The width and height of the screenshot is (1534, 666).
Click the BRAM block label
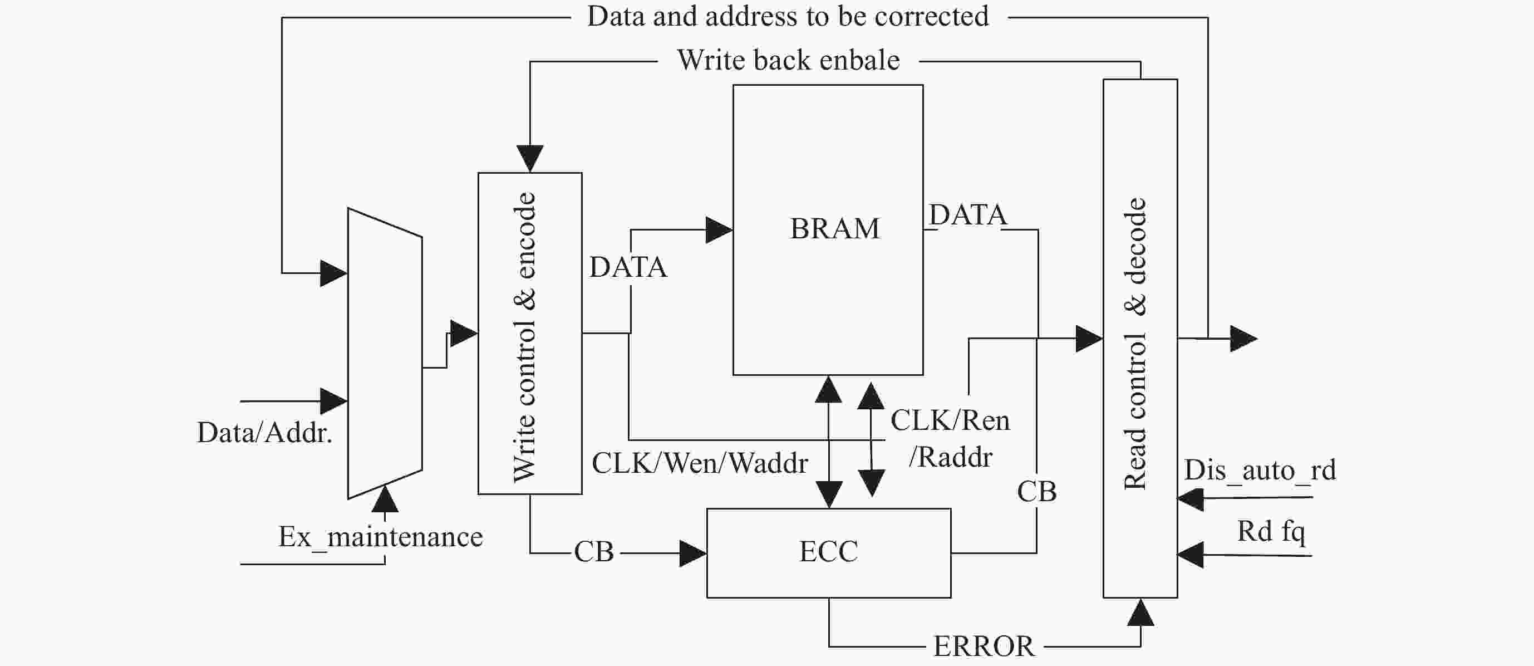pos(834,229)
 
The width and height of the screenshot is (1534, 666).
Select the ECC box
pos(828,552)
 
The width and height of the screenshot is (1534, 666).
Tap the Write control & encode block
pos(529,334)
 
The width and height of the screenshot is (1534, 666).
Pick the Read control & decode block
pos(1140,339)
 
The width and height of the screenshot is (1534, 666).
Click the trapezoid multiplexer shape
pos(385,353)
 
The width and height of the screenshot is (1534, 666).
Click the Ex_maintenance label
pos(381,537)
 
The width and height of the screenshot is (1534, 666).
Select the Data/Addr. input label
pos(264,433)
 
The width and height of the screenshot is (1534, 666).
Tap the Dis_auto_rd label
pos(1260,471)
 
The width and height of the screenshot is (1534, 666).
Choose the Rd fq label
pos(1271,531)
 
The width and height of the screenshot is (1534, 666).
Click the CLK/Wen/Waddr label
pos(699,463)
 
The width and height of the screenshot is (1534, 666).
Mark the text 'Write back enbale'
pos(788,61)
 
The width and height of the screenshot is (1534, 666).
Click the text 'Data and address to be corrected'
pos(787,17)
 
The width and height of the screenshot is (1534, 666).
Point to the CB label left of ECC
pos(594,552)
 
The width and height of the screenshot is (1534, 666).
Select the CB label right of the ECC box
pos(1037,492)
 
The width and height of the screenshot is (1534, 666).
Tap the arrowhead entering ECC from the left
pos(693,554)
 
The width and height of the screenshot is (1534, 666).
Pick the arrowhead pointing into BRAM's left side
pos(719,230)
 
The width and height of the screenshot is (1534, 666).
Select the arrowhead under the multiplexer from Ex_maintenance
pos(385,499)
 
